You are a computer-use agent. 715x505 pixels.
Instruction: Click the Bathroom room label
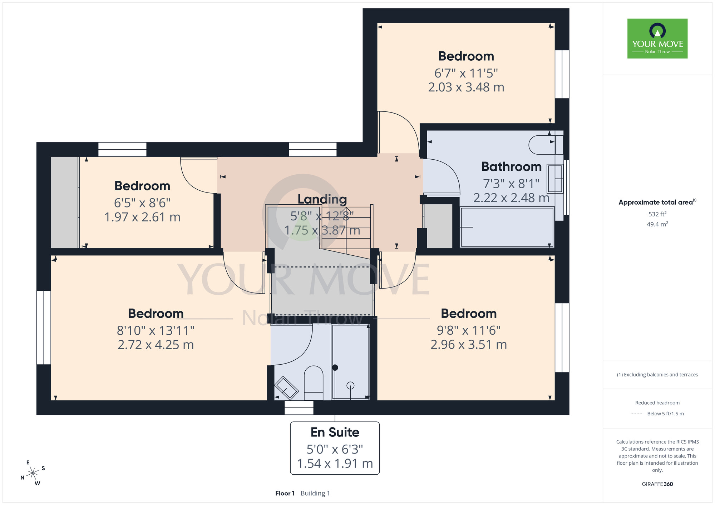(x=511, y=167)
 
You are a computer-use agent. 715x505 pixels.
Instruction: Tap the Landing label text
(x=322, y=199)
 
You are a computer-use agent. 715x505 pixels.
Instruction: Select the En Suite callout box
(x=335, y=448)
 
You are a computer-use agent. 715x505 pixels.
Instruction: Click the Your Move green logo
(x=657, y=39)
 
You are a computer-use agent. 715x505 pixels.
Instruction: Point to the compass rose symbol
(x=33, y=473)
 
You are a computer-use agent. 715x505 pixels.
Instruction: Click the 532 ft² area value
(x=657, y=214)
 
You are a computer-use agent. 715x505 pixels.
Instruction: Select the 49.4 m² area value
(x=657, y=224)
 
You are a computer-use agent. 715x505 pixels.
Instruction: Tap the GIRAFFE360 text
(x=657, y=484)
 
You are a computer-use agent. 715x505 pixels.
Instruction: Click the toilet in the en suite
(x=314, y=383)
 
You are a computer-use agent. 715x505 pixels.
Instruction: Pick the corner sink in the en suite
(x=286, y=388)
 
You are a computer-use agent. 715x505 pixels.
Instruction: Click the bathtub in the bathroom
(x=507, y=227)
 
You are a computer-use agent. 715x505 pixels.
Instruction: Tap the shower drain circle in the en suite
(x=350, y=385)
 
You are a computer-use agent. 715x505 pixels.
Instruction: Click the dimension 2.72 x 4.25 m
(x=156, y=345)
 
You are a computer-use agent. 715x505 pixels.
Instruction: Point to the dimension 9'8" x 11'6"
(x=469, y=330)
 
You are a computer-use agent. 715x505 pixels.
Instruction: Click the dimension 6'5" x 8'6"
(x=142, y=203)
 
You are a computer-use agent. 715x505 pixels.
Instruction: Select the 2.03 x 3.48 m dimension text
(x=466, y=87)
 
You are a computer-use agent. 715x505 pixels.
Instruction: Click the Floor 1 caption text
(x=285, y=493)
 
